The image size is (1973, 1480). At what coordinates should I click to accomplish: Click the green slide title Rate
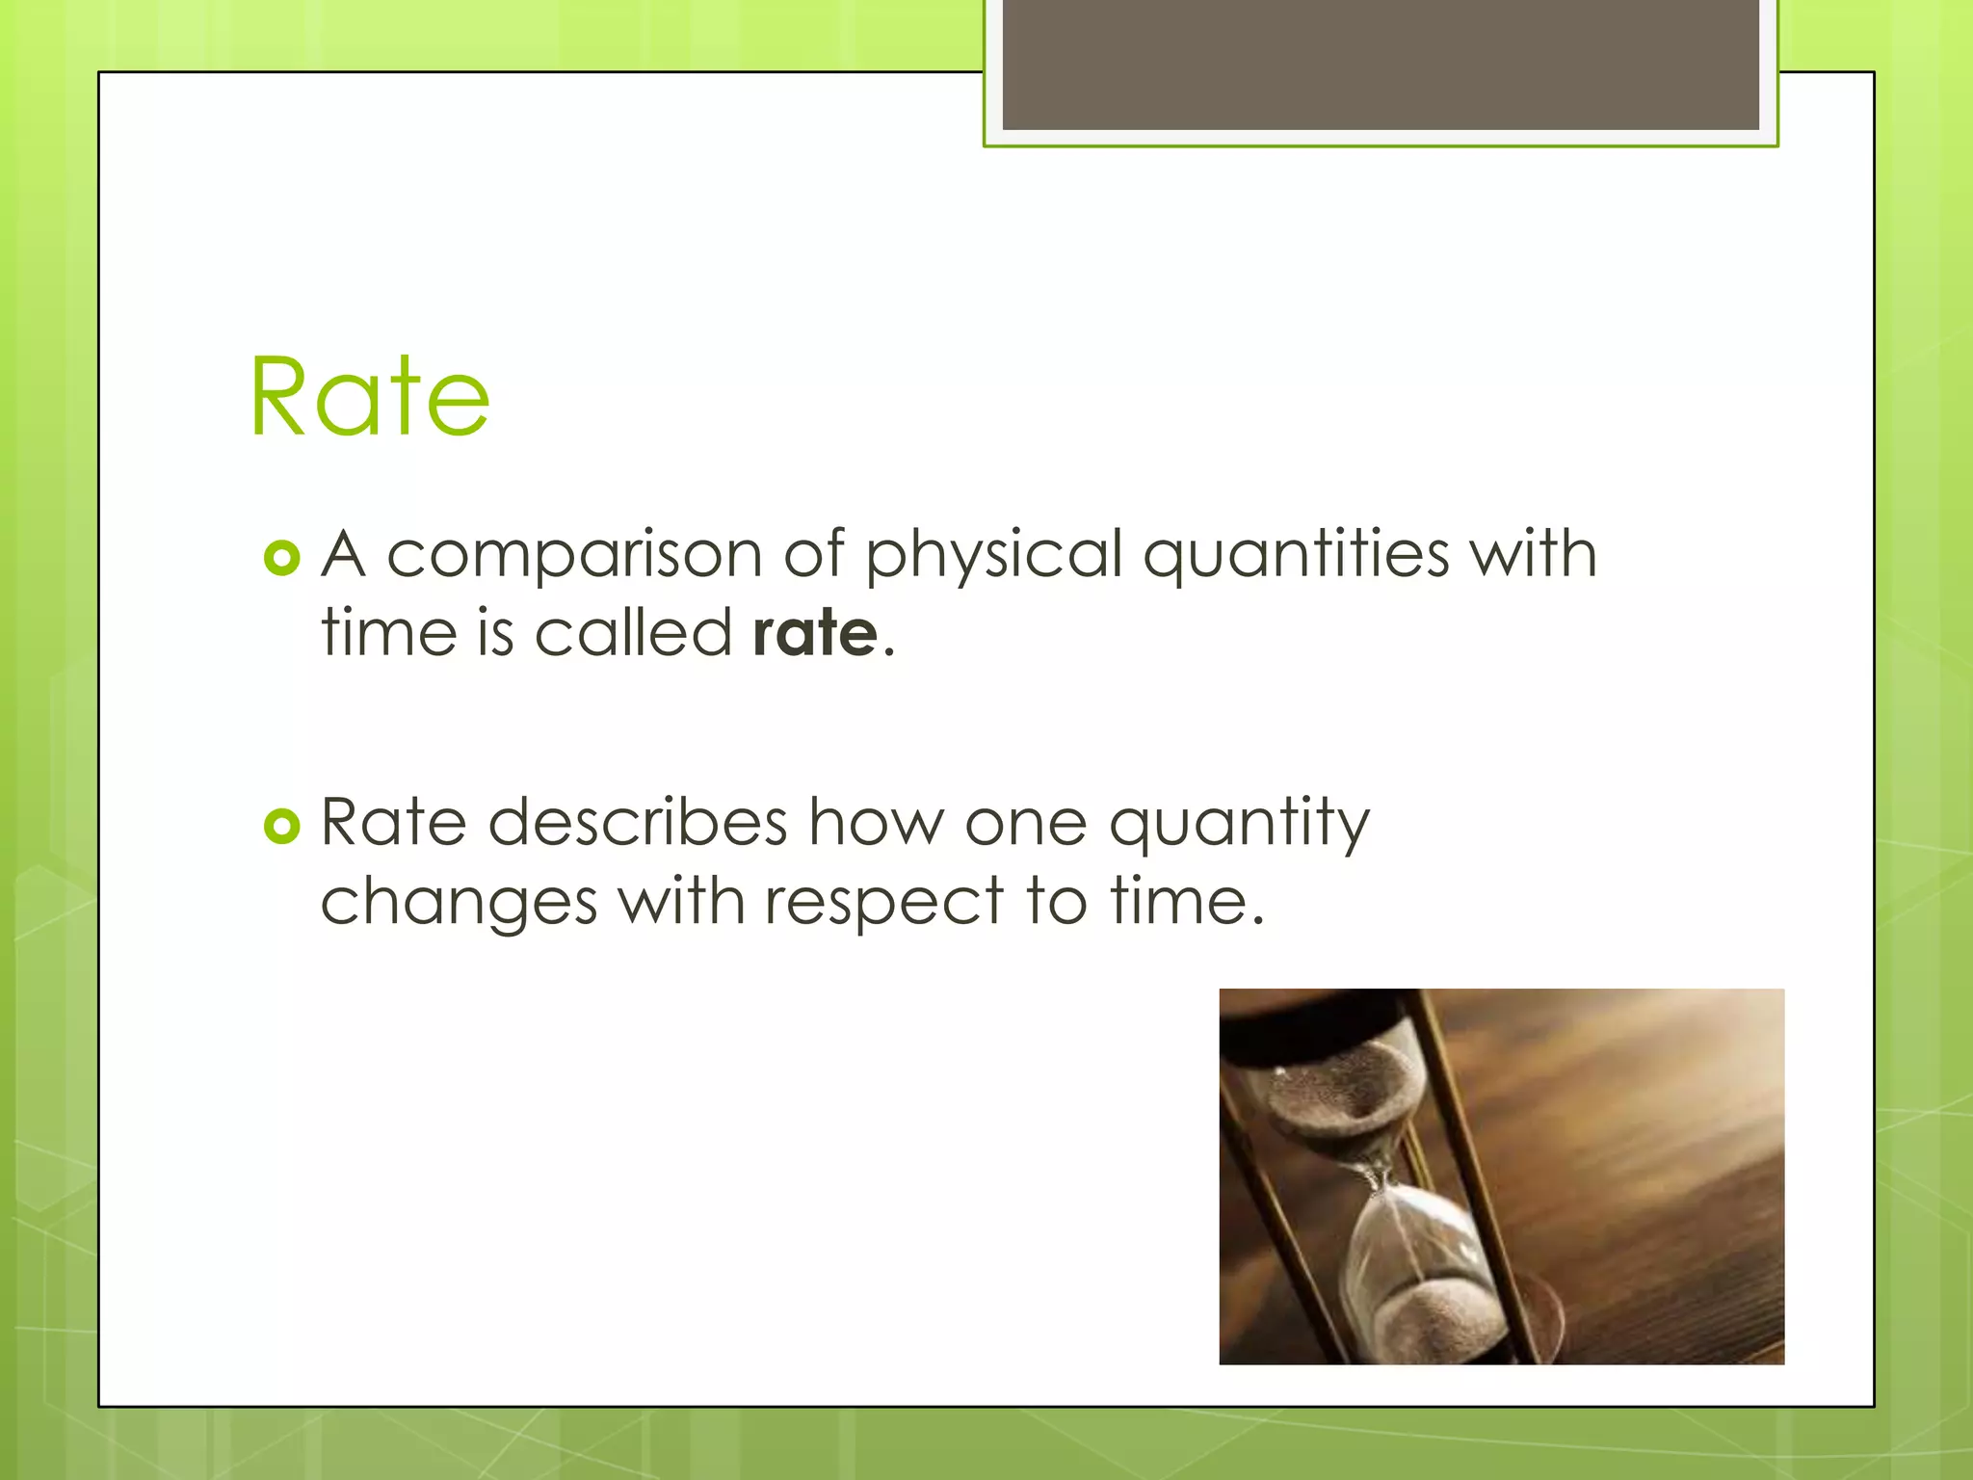tap(370, 397)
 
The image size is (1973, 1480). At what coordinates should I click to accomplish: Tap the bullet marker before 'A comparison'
tap(281, 558)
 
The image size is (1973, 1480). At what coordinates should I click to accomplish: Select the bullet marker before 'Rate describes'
tap(281, 826)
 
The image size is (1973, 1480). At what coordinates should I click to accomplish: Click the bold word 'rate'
tap(815, 634)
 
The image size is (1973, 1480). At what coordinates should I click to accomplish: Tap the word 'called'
tap(633, 634)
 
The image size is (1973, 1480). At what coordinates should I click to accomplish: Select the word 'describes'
tap(638, 824)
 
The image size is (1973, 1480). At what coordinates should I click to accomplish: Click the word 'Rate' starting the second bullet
tap(393, 824)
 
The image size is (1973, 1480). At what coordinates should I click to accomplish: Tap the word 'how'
tap(877, 824)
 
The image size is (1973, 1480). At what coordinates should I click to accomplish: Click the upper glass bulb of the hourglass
tap(1344, 1098)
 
